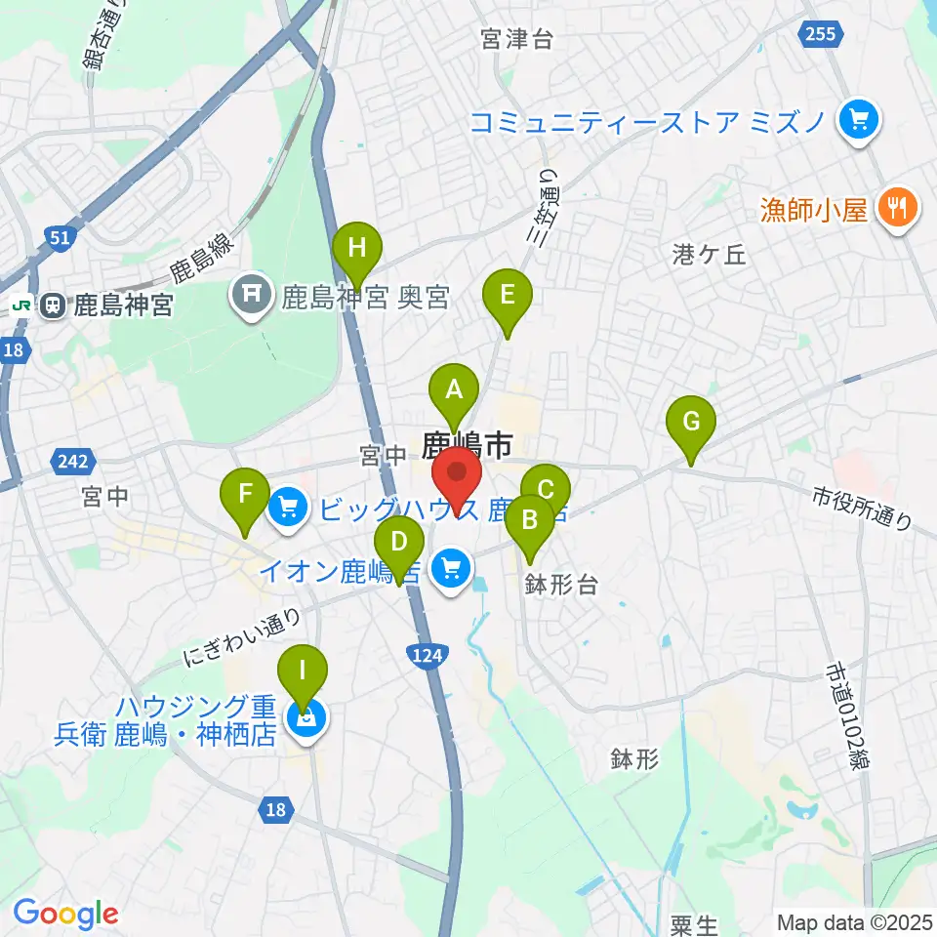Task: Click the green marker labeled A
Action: pos(453,392)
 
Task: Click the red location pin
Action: pos(456,475)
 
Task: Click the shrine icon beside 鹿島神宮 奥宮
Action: pos(252,296)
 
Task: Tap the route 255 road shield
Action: pos(820,35)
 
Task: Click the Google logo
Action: pos(65,914)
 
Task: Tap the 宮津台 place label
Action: pos(516,39)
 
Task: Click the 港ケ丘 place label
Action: pos(710,255)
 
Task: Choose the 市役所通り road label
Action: pos(862,510)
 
